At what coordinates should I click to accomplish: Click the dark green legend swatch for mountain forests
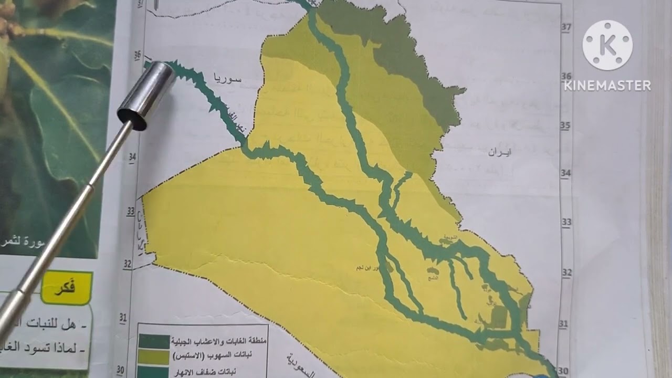coord(154,341)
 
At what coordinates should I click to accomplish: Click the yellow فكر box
coord(66,288)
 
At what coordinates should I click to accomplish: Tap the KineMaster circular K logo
coord(607,45)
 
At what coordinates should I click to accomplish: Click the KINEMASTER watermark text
coord(607,86)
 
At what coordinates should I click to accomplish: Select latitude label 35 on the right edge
coord(565,126)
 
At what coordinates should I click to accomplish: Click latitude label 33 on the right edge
coord(566,222)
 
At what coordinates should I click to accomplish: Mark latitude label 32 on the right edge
coord(566,273)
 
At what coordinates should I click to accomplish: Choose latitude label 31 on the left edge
coord(123,317)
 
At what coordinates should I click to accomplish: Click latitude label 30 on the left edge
coord(120,370)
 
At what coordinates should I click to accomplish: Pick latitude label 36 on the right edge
coord(566,77)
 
